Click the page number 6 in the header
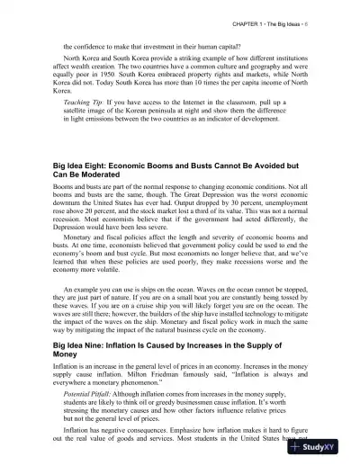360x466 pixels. point(333,21)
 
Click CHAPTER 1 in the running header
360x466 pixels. point(255,21)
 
